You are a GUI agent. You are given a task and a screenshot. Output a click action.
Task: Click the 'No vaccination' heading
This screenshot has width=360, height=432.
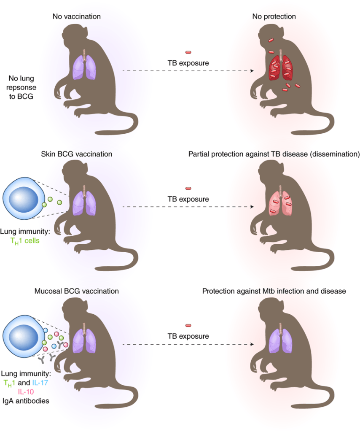[76, 17]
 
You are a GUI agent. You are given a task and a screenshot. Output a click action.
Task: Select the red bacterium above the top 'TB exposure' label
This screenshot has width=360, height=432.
[188, 52]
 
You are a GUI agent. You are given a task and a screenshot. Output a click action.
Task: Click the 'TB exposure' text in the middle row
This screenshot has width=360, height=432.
[188, 199]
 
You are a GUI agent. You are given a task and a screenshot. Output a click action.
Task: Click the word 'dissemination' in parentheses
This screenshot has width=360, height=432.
[335, 154]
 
